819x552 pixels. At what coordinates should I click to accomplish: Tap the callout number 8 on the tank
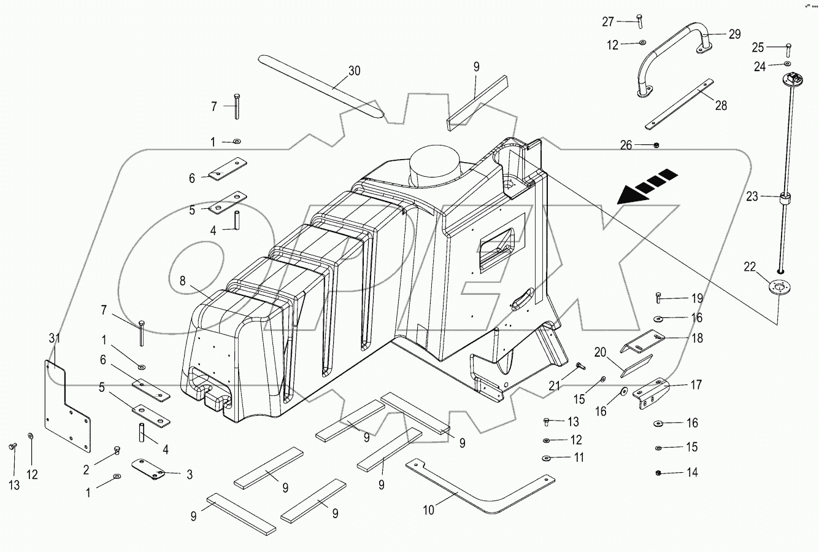(x=182, y=281)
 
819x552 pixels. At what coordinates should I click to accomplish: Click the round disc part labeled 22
(x=779, y=287)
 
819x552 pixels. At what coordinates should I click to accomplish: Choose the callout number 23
(x=753, y=198)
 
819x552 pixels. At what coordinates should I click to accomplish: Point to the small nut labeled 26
(x=656, y=145)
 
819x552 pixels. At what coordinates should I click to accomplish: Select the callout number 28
(x=721, y=106)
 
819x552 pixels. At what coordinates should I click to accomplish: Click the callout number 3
(x=189, y=474)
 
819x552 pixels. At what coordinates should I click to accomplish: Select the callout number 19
(x=697, y=299)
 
